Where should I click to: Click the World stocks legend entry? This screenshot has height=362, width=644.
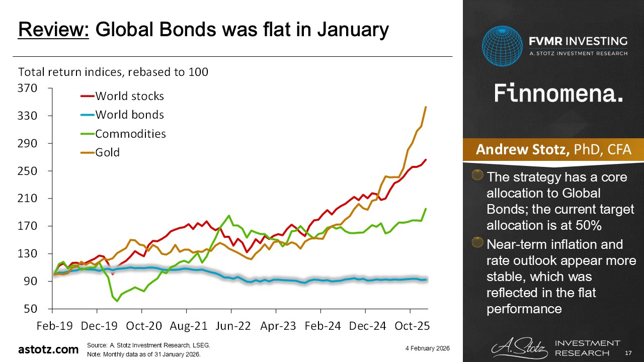(129, 96)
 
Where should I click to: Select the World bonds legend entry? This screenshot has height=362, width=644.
(129, 115)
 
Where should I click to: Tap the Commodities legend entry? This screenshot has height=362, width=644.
(130, 134)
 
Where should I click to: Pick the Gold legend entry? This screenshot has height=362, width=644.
(107, 152)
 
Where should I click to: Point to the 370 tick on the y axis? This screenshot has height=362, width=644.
(28, 88)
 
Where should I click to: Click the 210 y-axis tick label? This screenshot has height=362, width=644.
(28, 199)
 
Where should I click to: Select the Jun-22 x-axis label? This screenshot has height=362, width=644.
(234, 326)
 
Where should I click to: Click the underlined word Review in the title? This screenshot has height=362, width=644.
(53, 30)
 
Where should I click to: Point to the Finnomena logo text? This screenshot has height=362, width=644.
(558, 93)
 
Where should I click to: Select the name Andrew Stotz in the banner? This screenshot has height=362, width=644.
(522, 150)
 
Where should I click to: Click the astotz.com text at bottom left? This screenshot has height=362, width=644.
(48, 349)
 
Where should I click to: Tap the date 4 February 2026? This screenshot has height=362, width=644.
(427, 348)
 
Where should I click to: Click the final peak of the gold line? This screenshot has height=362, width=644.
(426, 107)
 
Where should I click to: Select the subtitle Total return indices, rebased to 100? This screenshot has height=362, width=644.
(113, 72)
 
